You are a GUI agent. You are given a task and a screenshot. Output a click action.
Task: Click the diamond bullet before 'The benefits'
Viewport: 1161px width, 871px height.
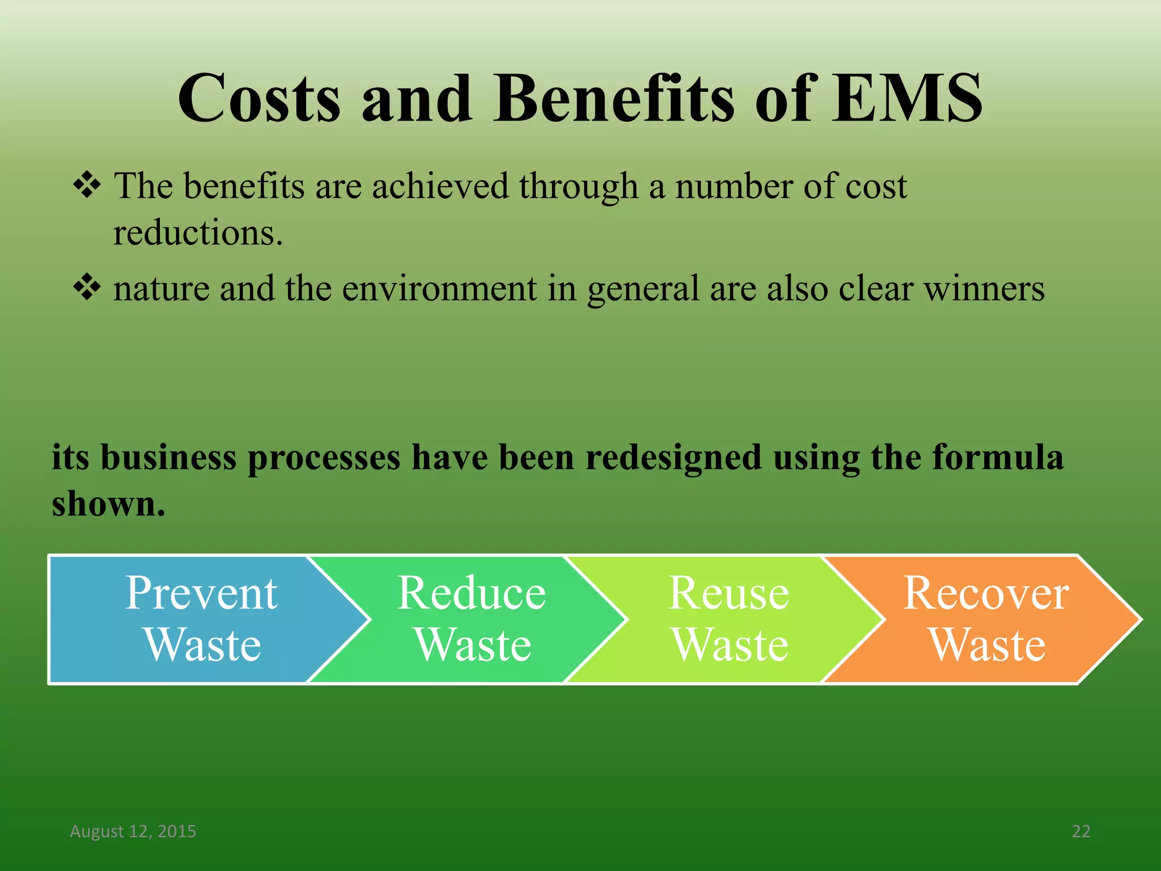tap(87, 185)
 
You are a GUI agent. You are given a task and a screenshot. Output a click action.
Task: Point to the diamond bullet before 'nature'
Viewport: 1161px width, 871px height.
tap(87, 287)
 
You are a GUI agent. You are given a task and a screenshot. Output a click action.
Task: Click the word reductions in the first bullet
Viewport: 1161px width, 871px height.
tap(197, 232)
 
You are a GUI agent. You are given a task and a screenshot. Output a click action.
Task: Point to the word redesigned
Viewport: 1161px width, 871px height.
tap(673, 457)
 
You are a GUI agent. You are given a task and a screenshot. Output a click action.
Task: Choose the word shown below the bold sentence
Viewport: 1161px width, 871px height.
tap(108, 504)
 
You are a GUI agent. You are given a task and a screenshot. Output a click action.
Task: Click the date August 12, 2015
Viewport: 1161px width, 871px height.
tap(133, 831)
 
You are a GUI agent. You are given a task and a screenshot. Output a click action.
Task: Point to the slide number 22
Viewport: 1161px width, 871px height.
tap(1081, 831)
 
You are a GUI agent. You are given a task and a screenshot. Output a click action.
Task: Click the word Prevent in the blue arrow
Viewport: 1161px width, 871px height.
tap(201, 593)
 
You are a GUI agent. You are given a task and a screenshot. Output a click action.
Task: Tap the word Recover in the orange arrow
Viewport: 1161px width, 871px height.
tap(986, 593)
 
